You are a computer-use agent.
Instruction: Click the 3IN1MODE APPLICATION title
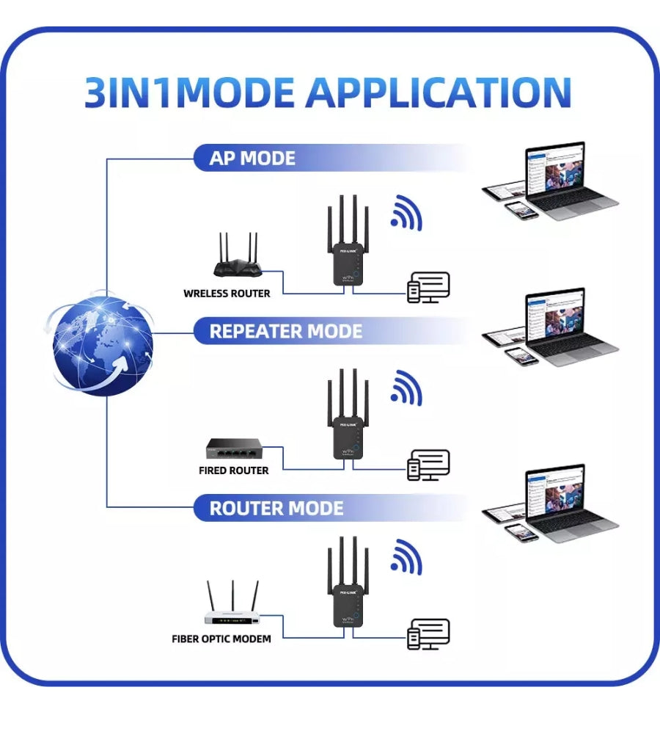coord(328,92)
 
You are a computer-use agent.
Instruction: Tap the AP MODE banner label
coord(252,158)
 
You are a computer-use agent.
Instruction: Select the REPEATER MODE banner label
coord(285,331)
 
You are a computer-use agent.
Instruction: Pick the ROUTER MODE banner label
coord(276,508)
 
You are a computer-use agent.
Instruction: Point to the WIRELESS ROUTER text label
coord(227,294)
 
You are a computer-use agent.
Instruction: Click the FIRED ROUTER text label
coord(233,470)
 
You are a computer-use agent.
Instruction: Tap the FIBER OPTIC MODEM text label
coord(221,639)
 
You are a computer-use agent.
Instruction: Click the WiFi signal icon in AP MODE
coord(406,214)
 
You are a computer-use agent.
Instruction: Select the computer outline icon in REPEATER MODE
coord(428,464)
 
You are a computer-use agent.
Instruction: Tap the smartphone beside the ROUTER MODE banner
coord(521,531)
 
